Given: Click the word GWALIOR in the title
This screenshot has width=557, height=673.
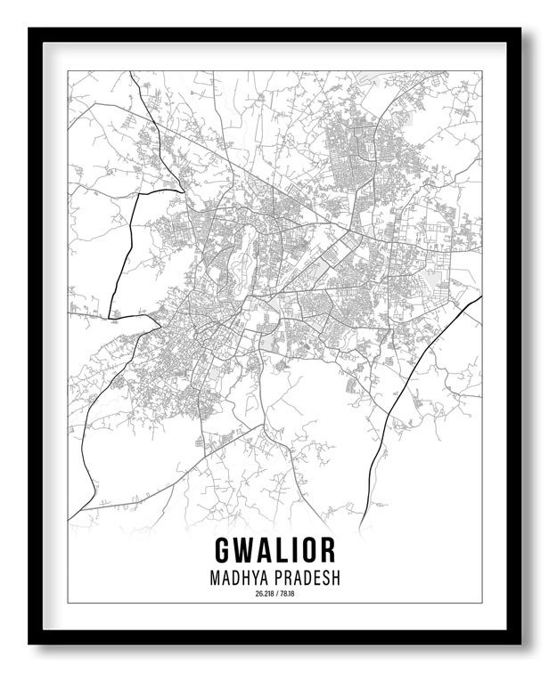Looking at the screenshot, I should (x=274, y=549).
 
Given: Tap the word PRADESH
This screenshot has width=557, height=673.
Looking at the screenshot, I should (x=308, y=577).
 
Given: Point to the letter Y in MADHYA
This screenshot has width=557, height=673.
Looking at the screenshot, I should (x=256, y=577).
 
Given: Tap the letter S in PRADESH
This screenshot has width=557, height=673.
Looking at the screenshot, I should (x=324, y=577).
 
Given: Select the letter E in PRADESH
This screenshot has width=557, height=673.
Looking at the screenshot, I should (x=315, y=577).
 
